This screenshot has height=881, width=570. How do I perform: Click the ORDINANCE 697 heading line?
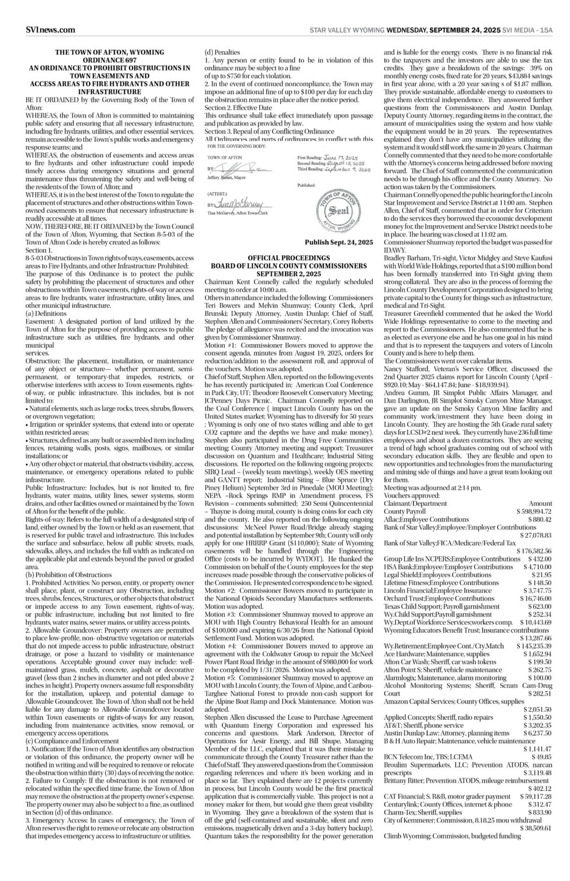pyautogui.click(x=110, y=60)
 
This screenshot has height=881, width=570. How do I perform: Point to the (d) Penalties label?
pyautogui.click(x=222, y=53)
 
